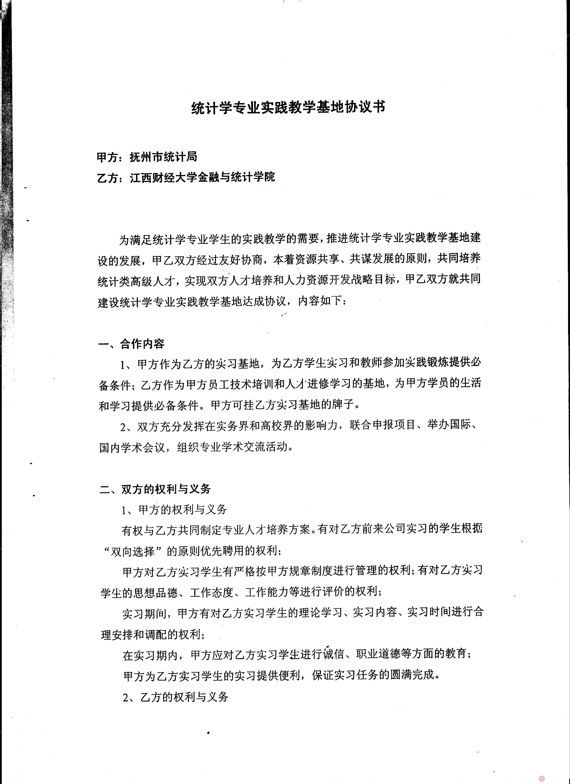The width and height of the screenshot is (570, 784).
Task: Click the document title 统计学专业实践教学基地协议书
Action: (x=288, y=108)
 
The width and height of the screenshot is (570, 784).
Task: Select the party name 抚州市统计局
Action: (x=163, y=157)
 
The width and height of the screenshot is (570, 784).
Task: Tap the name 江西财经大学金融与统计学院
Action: (x=202, y=177)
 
